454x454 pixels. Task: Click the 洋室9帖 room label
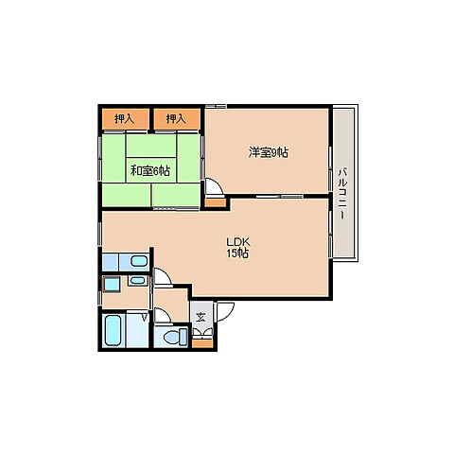[x=268, y=152]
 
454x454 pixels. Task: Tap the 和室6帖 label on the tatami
[x=150, y=171]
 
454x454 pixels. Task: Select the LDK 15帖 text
[x=238, y=248]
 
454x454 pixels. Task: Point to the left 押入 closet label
[x=125, y=119]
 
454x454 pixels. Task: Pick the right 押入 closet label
[x=176, y=119]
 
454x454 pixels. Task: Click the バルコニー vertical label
[x=342, y=194]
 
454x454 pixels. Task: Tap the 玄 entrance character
[x=201, y=317]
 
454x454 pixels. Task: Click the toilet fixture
[x=175, y=337]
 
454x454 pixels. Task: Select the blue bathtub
[x=113, y=330]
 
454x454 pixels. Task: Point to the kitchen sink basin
[x=139, y=261]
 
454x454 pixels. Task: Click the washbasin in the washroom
[x=137, y=280]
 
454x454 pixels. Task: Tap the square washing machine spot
[x=112, y=285]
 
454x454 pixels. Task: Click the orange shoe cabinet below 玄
[x=202, y=343]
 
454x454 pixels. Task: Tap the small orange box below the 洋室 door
[x=216, y=202]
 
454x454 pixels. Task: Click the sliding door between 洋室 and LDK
[x=279, y=197]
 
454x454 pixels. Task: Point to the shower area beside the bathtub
[x=137, y=330]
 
